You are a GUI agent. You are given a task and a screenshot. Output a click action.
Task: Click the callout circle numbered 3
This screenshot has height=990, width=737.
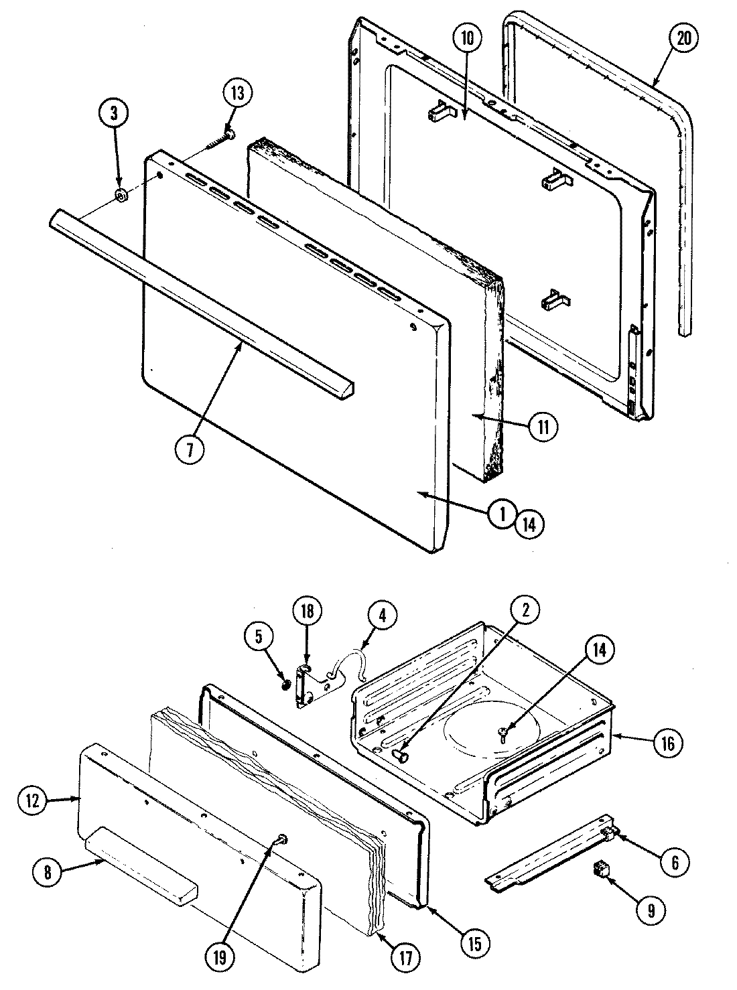coord(114,113)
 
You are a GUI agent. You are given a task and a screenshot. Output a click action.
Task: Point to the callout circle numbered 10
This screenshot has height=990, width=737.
coord(467,39)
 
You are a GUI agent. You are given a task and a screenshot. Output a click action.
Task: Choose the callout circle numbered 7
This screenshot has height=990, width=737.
coord(190,450)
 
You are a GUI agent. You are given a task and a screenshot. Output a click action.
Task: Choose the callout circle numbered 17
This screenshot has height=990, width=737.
coord(406,953)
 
